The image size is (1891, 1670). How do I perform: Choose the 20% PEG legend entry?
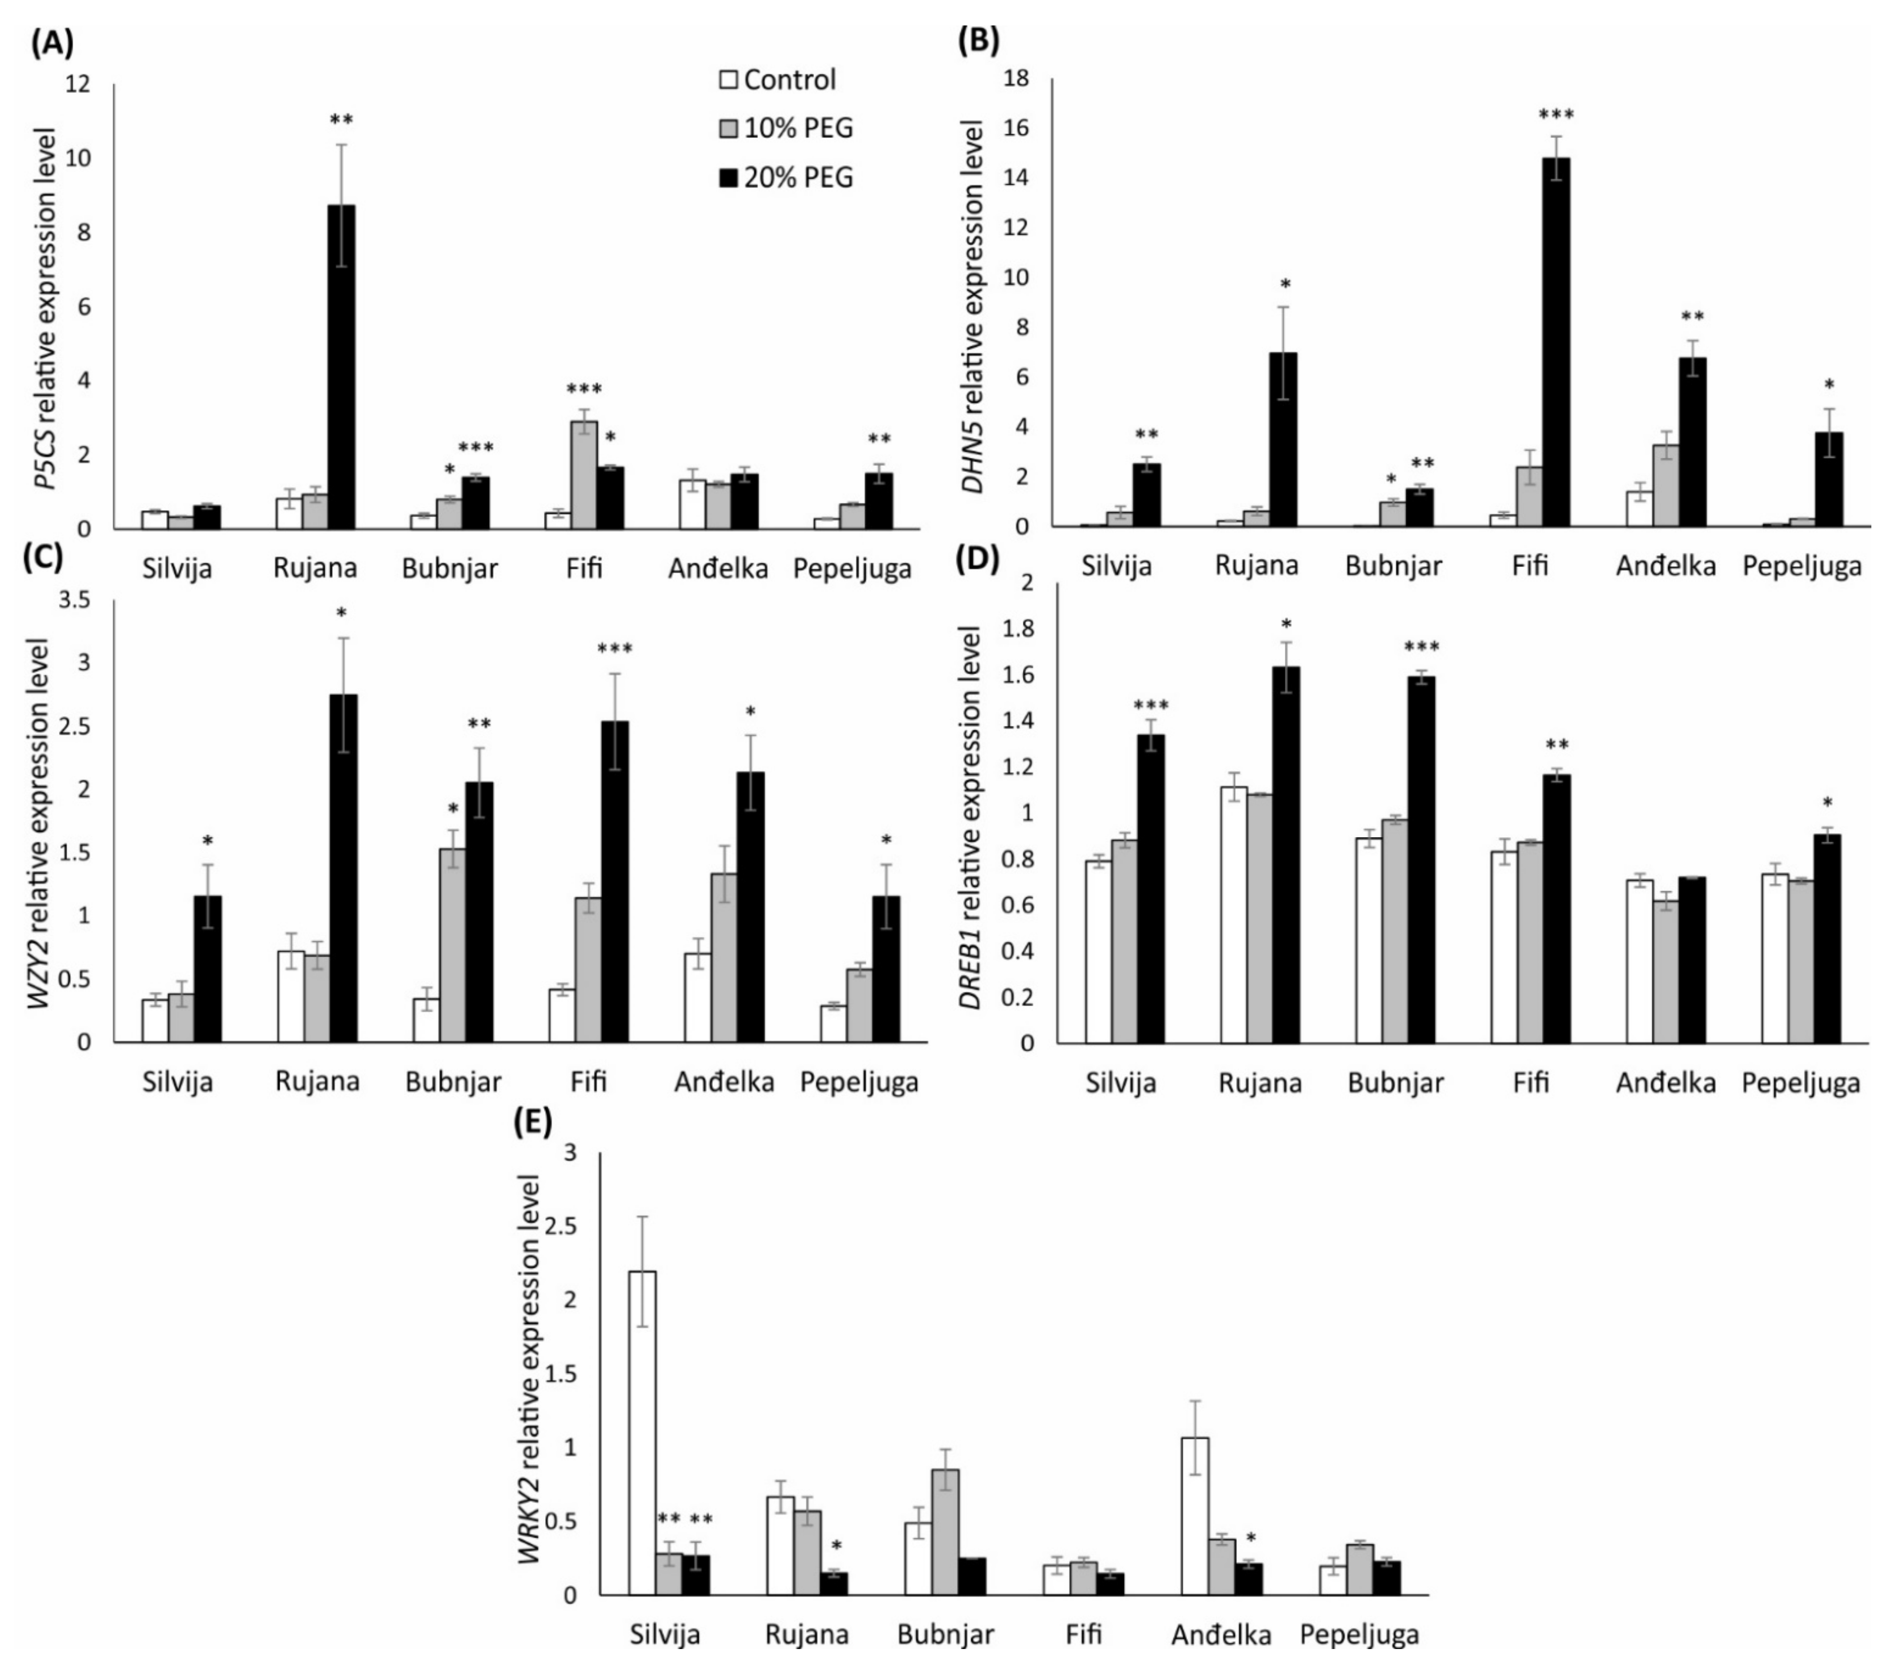coord(787,177)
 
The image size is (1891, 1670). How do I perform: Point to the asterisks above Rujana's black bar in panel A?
coord(342,120)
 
